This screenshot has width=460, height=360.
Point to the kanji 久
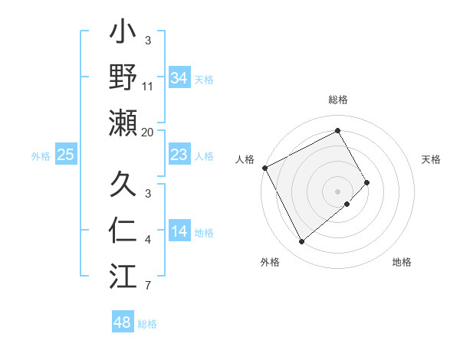pos(123,185)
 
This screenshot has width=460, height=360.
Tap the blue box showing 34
pos(179,78)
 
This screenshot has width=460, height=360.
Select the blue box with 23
pos(179,155)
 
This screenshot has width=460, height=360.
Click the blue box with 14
pos(179,232)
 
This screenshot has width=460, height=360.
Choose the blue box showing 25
pos(65,155)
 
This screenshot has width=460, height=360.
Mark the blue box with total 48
pos(123,322)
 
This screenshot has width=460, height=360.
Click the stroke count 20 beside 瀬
pos(148,133)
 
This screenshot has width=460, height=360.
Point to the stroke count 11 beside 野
pos(148,87)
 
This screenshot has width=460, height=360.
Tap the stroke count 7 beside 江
pos(148,286)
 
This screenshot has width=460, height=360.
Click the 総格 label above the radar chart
pos(338,100)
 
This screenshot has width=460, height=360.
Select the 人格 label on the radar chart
pos(245,159)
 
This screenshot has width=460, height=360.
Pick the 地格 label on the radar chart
pos(402,263)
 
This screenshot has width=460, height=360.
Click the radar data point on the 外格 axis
pos(301,242)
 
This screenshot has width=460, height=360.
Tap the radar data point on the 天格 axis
pos(367,182)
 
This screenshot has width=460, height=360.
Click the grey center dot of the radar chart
pos(338,191)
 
